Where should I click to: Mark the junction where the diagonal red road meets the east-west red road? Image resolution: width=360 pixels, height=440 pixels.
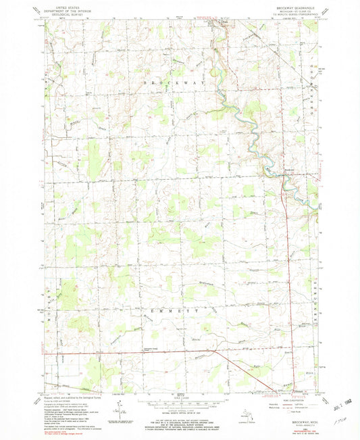click(215, 350)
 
